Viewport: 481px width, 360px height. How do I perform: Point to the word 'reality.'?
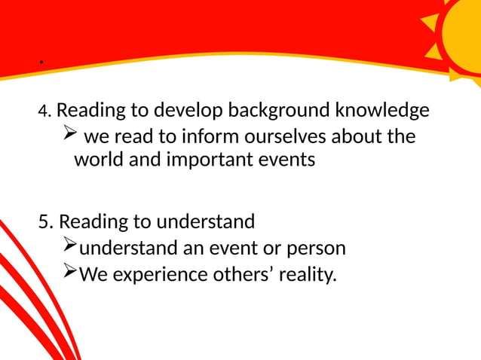[x=308, y=274]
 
